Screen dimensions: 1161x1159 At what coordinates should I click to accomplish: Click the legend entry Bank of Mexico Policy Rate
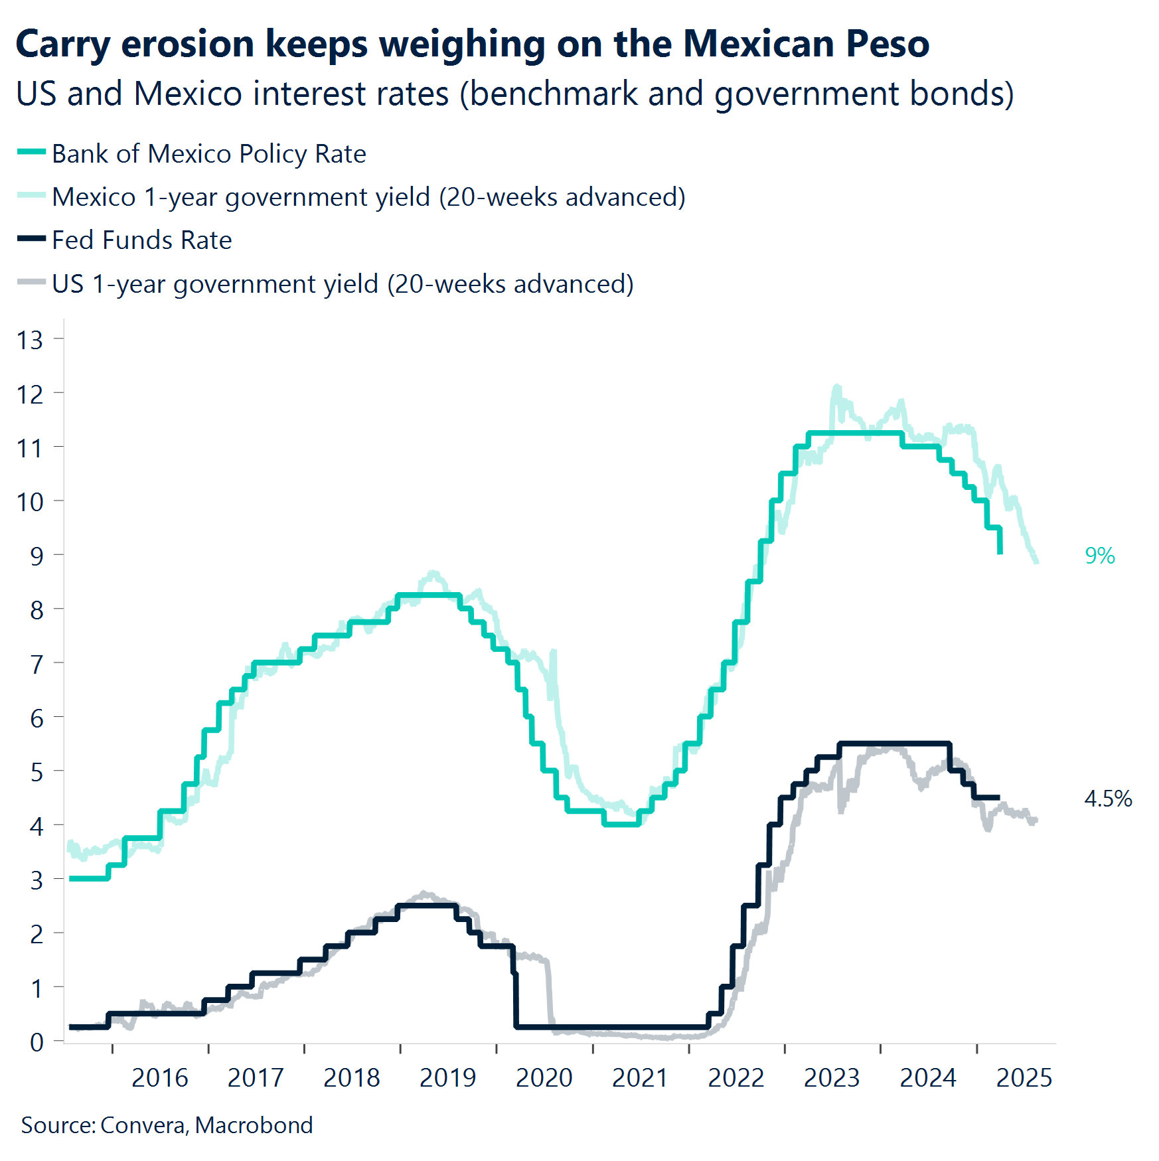(208, 154)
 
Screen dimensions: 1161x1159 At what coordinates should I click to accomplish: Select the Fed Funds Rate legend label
(141, 240)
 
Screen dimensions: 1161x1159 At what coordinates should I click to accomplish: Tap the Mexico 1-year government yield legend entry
(368, 197)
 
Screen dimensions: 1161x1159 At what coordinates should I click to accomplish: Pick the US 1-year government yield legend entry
(342, 284)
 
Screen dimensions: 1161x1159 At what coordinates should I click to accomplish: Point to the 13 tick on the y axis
(30, 341)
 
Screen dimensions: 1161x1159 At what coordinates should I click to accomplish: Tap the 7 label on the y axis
(37, 664)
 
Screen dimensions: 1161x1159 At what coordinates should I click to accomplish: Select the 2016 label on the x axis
(160, 1078)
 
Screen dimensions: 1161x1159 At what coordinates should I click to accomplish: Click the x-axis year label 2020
(544, 1078)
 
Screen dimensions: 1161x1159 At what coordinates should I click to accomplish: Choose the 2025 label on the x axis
(1024, 1078)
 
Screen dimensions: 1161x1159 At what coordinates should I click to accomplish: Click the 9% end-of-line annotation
(1099, 556)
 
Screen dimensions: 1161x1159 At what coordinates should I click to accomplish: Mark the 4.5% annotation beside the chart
(1108, 799)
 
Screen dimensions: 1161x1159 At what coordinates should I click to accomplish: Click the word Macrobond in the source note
(254, 1126)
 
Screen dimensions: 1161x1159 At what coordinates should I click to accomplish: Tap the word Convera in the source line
(143, 1126)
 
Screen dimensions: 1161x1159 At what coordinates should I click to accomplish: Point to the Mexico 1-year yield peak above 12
(836, 388)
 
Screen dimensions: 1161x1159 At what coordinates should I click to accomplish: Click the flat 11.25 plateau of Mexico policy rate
(856, 433)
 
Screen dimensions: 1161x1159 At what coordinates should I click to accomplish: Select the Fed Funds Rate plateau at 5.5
(896, 743)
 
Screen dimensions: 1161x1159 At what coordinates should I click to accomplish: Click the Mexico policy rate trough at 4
(621, 824)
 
